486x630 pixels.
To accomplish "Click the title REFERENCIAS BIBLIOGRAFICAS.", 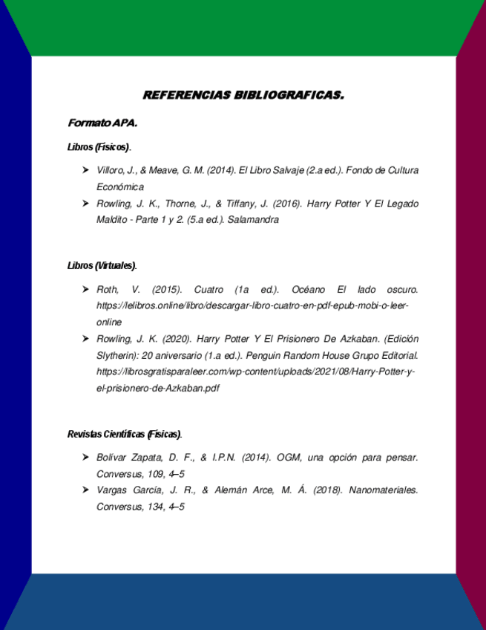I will [243, 95].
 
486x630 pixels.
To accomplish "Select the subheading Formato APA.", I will [102, 122].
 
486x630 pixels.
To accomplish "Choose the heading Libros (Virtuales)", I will [102, 265].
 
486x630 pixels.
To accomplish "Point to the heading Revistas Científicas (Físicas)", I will [124, 434].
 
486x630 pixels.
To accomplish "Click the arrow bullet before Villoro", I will [86, 171].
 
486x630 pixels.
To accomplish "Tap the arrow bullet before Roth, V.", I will [86, 289].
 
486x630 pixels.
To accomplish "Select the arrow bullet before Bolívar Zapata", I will [86, 457].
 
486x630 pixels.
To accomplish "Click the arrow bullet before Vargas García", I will [86, 490].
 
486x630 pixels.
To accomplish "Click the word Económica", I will [120, 187].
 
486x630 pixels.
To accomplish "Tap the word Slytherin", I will [118, 355].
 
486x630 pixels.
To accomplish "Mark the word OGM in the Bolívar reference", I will [289, 457].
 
